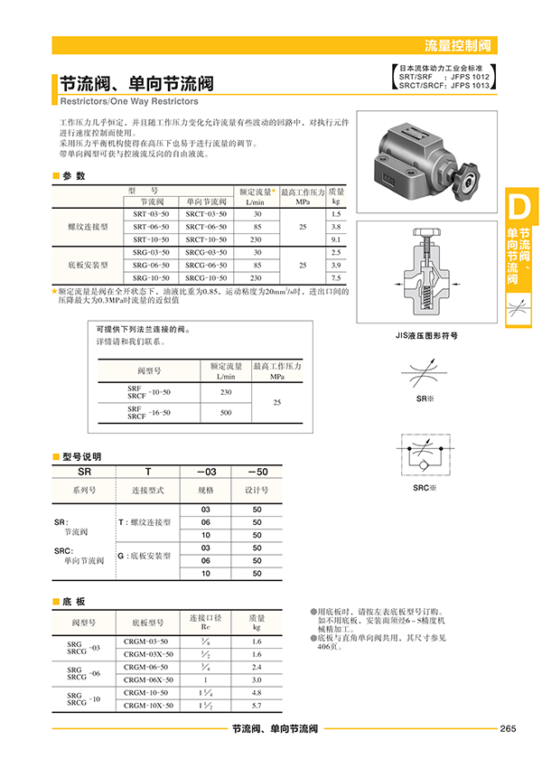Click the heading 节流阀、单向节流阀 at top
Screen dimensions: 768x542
click(136, 84)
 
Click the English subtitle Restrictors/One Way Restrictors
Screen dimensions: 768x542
click(129, 101)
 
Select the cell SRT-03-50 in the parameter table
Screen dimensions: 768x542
click(151, 212)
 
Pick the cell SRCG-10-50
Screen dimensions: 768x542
click(207, 277)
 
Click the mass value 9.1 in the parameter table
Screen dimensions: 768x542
click(336, 239)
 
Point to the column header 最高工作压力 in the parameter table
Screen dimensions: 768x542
click(303, 192)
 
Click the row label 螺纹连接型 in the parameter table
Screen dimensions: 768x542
click(88, 226)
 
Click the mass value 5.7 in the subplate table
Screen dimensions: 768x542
click(257, 705)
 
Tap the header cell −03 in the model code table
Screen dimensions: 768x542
click(206, 472)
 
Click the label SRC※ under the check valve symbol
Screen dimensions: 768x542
click(425, 488)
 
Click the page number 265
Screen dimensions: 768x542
click(507, 729)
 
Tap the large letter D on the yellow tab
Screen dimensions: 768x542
click(519, 207)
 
